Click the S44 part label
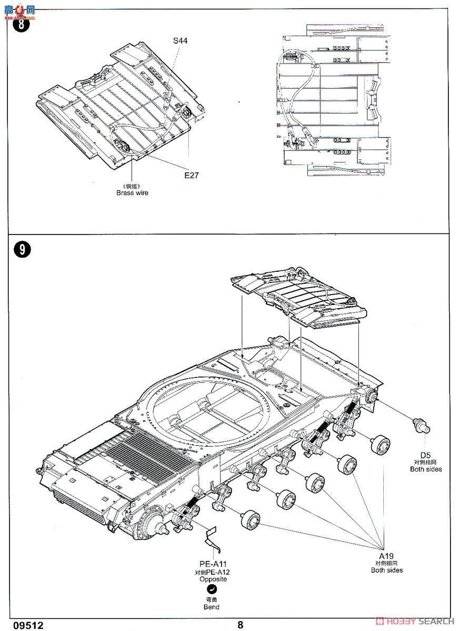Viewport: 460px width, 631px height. pos(180,40)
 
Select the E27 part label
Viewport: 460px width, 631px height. pos(191,176)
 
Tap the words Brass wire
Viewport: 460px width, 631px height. pos(132,193)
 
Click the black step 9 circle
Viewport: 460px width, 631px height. pos(22,250)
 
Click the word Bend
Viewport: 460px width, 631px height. pos(212,607)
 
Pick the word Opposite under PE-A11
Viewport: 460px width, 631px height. pos(212,579)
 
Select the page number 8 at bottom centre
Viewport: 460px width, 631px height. pos(240,625)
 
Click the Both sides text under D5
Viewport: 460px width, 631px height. pos(427,469)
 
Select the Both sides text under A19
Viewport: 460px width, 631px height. pos(387,570)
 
